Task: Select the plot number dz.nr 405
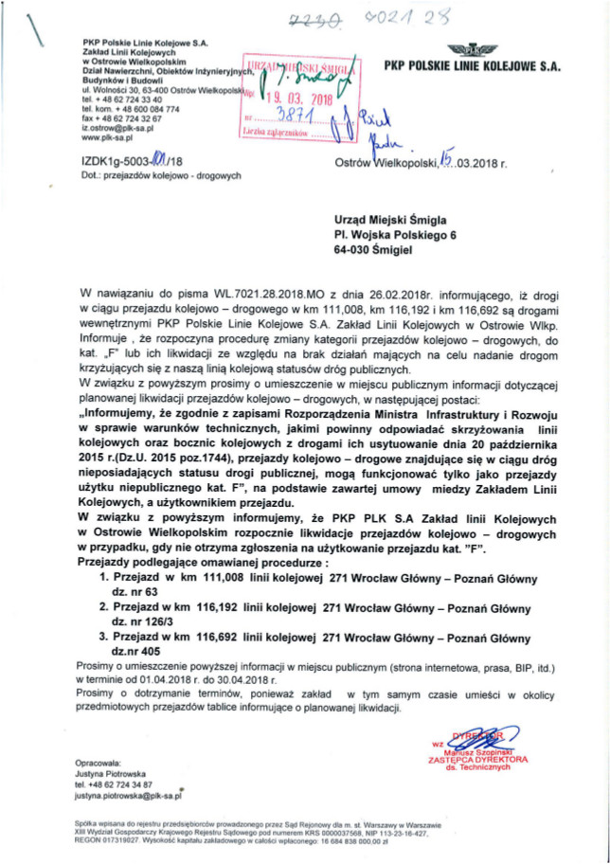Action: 138,653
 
